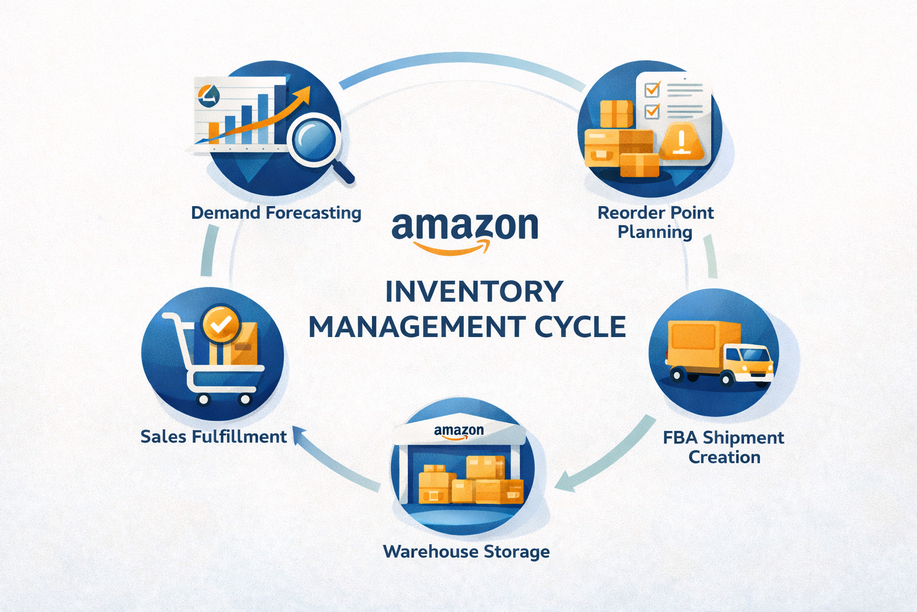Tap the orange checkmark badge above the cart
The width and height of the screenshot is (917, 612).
coord(221,324)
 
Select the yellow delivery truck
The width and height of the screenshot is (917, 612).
coord(719,353)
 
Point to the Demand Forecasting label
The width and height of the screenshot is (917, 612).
coord(276,213)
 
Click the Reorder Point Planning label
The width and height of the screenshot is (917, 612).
coord(656,222)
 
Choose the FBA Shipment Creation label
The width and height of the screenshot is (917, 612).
coord(724,447)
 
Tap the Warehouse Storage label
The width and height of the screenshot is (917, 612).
coord(466,551)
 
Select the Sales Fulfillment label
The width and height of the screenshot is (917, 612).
coord(214,437)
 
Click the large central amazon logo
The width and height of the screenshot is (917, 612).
coord(464,230)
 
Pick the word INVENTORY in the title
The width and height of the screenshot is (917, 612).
coord(474,292)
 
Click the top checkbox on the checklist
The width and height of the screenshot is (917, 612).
coord(652,90)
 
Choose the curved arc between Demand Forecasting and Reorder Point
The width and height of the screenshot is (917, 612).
coord(460,60)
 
